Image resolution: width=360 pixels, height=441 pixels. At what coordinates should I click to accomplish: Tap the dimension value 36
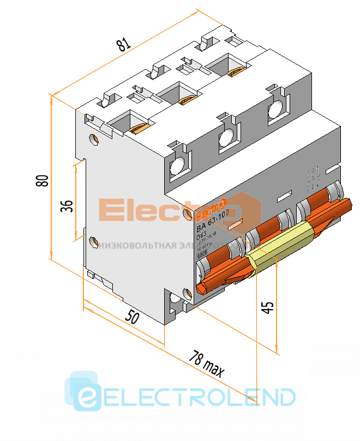(66, 205)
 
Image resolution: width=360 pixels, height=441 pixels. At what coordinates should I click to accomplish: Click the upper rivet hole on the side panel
(94, 139)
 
